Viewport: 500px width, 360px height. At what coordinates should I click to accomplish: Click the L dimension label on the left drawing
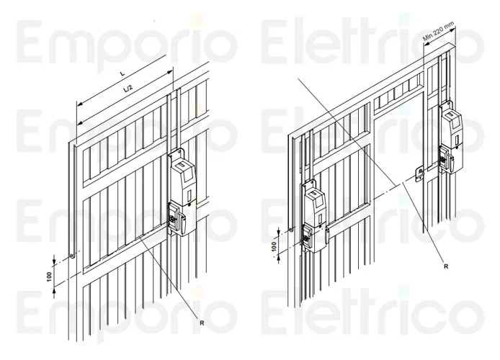[x=122, y=73]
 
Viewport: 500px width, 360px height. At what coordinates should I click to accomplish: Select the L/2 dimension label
[x=128, y=89]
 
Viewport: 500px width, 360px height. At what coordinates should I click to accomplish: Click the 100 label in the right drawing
[x=274, y=246]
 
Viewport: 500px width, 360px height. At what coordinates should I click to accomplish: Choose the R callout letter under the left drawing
[x=202, y=323]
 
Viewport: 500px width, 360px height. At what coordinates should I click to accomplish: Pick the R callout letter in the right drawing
[x=446, y=266]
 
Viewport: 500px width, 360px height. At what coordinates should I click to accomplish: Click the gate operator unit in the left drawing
[x=181, y=194]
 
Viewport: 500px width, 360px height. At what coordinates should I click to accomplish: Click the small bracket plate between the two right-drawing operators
[x=419, y=174]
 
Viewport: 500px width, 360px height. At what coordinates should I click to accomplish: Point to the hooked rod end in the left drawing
[x=73, y=256]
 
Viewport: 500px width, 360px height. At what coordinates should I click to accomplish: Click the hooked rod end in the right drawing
[x=291, y=230]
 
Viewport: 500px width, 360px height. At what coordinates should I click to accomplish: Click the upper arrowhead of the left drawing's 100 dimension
[x=54, y=261]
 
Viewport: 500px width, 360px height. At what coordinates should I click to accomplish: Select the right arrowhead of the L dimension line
[x=169, y=73]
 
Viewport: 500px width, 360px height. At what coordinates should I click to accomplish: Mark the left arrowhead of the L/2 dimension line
[x=81, y=122]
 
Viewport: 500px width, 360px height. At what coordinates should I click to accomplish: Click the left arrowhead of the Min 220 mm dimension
[x=426, y=45]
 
